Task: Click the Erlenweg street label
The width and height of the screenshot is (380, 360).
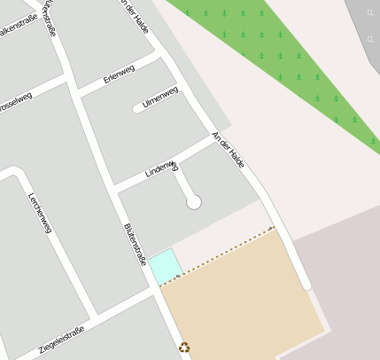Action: point(118,77)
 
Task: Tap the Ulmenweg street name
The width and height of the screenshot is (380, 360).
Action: point(160,98)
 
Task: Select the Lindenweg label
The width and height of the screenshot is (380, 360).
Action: point(161,168)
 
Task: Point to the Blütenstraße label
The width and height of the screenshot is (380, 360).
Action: point(135,245)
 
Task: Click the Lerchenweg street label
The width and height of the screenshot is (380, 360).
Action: point(40,213)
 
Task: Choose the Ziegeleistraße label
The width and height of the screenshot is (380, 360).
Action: point(61,340)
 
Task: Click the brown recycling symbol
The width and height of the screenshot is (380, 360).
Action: point(185,348)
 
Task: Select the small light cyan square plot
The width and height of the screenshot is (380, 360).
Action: point(166,267)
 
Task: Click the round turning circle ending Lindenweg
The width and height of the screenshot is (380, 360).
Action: point(194,202)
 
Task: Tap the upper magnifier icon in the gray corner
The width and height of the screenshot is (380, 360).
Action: point(371,14)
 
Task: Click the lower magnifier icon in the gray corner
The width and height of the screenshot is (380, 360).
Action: point(371,40)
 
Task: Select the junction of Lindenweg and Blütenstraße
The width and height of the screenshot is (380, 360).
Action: point(114,188)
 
